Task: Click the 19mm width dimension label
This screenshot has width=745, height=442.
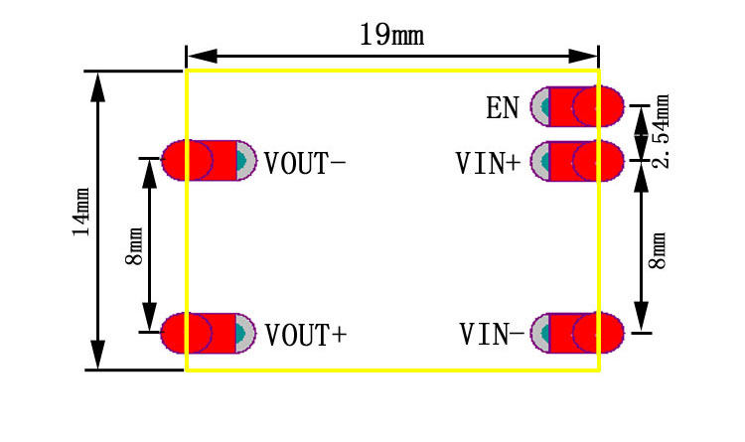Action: (x=391, y=36)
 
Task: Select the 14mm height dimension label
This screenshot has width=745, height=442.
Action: (x=81, y=212)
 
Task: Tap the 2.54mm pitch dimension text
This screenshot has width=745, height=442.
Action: (x=662, y=131)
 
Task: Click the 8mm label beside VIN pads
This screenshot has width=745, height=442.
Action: (x=658, y=249)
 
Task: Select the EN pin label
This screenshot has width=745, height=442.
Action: (x=503, y=107)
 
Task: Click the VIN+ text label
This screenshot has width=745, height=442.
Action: (x=487, y=163)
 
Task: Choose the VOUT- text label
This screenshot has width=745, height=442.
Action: (x=305, y=162)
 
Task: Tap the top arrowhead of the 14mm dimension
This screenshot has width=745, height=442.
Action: (x=97, y=86)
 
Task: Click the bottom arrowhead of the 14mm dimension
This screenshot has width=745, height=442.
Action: (x=97, y=355)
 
